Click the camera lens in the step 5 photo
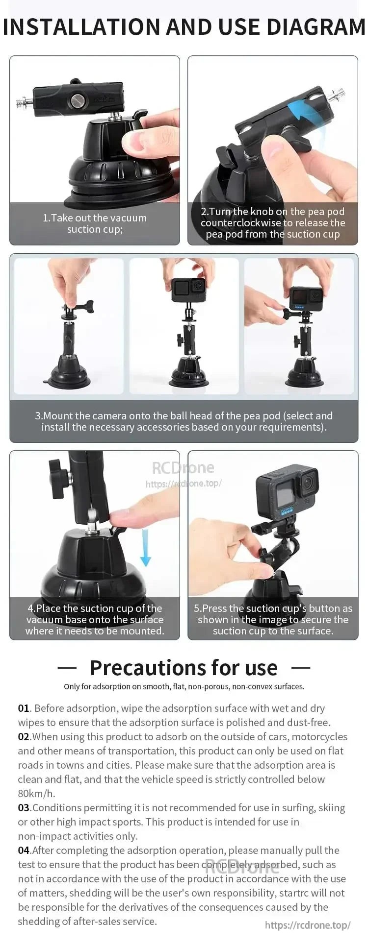308,484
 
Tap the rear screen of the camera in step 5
286,495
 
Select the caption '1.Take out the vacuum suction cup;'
95,223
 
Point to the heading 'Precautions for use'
184,668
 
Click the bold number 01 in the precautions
24,708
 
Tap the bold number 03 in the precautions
24,808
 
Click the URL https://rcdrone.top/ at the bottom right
308,925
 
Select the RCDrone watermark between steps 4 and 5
183,468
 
